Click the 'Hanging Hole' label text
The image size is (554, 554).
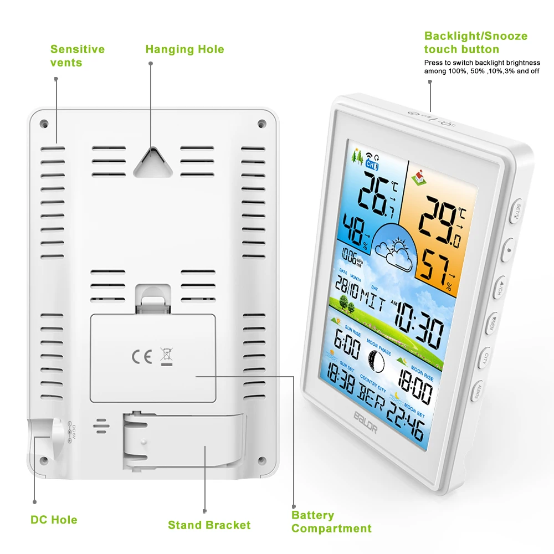coord(184,49)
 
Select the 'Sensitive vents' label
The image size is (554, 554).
coord(78,56)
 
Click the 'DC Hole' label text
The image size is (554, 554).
coord(54,520)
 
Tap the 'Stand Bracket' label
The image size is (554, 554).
coord(209,525)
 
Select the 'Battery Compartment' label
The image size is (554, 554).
coord(331,522)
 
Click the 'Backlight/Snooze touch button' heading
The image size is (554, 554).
coord(476,43)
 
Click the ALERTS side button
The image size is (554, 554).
coord(477,391)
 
